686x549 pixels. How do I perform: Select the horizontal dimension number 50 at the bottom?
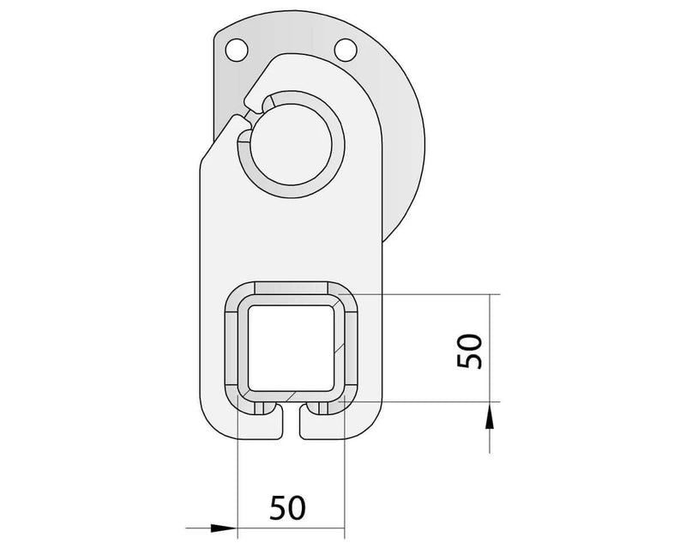288,508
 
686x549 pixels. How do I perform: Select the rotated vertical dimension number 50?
471,351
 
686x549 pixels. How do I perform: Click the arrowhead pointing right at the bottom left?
221,528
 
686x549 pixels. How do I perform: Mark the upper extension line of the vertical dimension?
429,293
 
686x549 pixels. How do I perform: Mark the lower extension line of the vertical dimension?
429,401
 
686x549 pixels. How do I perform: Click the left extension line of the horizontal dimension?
236,480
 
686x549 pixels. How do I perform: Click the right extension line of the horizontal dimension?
344,480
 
